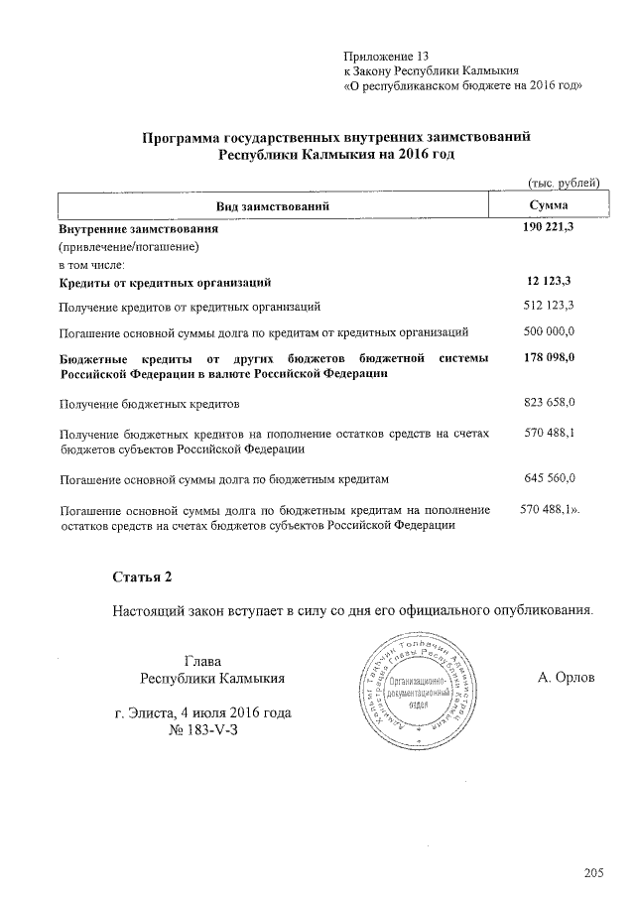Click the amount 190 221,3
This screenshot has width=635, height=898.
click(x=549, y=228)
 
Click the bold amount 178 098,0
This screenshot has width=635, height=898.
click(x=550, y=357)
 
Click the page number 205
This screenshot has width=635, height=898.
click(x=593, y=873)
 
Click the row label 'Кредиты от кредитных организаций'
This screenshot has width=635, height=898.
click(x=165, y=283)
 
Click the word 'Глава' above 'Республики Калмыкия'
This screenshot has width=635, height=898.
click(x=203, y=661)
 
